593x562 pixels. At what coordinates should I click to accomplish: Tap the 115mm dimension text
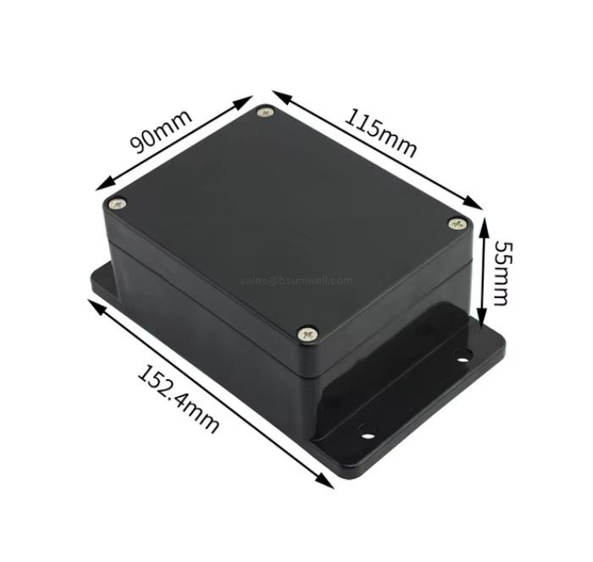(x=380, y=132)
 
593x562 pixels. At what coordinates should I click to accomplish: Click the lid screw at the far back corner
(x=267, y=111)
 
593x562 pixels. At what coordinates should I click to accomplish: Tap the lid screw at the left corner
(x=117, y=203)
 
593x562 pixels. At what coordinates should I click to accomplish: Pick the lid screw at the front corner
(x=309, y=335)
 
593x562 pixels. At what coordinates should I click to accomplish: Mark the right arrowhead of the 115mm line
(x=479, y=207)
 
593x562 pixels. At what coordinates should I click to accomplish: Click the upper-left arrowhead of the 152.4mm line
(x=91, y=301)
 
